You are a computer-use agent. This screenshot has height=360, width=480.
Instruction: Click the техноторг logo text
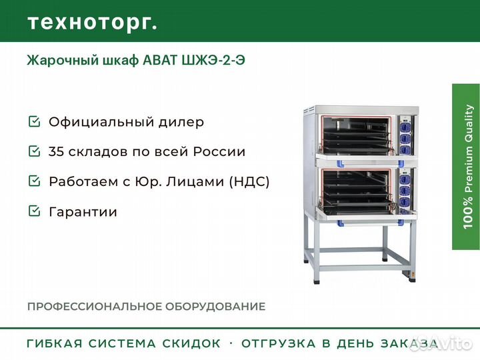(92, 22)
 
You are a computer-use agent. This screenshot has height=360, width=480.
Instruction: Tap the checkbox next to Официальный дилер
(33, 122)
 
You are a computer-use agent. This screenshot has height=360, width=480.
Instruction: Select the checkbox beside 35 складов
(33, 151)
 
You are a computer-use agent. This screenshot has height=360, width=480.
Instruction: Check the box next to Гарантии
(33, 211)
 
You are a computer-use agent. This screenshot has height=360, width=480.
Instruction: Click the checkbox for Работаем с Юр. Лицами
(33, 181)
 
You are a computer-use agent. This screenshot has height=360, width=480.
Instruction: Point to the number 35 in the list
(57, 151)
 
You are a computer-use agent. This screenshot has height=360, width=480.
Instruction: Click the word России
(219, 151)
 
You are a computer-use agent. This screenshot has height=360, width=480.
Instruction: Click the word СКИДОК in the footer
(191, 344)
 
